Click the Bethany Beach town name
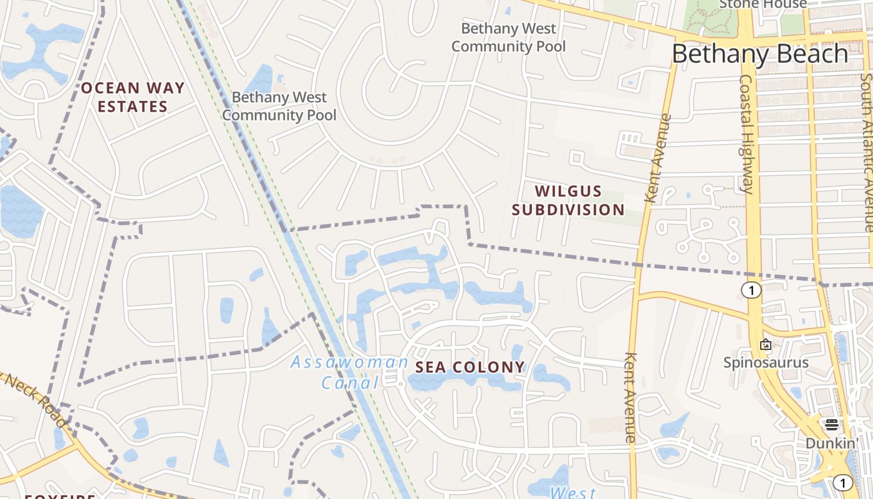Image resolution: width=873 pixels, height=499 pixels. (760, 54)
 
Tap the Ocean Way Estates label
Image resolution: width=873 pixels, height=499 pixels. (133, 97)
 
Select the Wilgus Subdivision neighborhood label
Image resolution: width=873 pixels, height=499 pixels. (568, 200)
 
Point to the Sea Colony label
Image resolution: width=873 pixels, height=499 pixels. (470, 367)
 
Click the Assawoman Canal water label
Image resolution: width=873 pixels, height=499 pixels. (349, 372)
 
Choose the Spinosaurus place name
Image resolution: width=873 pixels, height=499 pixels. (766, 362)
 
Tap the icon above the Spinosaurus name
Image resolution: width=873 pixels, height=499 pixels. (766, 344)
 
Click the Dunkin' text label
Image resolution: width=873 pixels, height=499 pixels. (832, 443)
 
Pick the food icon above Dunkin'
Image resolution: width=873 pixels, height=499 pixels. (832, 425)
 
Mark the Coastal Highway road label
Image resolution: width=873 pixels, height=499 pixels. (746, 134)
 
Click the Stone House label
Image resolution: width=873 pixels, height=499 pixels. (763, 4)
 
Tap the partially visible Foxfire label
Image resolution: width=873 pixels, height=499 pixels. (60, 497)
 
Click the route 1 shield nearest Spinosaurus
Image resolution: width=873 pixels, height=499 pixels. (752, 290)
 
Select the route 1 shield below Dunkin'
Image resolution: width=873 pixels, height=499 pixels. (842, 482)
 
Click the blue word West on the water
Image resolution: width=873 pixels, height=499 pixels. (573, 492)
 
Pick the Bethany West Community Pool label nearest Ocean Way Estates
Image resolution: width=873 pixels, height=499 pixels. (279, 106)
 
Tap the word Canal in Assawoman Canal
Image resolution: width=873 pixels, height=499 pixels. (350, 382)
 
